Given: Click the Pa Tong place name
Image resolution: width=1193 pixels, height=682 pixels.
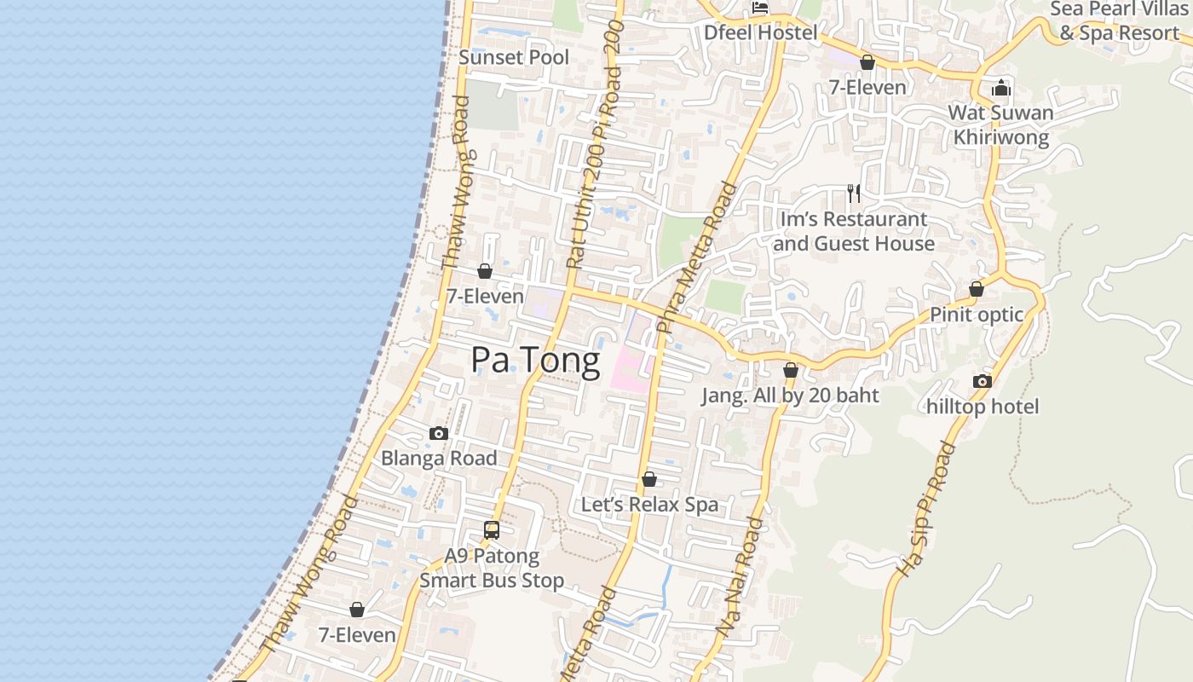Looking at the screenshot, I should pyautogui.click(x=535, y=360).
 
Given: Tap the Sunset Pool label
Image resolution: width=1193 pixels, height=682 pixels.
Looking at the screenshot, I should pyautogui.click(x=514, y=57).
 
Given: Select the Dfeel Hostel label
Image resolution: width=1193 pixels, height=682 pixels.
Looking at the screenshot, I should pyautogui.click(x=760, y=32).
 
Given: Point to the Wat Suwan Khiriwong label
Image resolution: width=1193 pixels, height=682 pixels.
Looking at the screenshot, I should pyautogui.click(x=1000, y=124).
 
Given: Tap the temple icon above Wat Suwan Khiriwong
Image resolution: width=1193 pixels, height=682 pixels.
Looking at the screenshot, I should pyautogui.click(x=1001, y=88).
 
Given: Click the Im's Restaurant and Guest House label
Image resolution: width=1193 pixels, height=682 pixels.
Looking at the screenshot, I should pyautogui.click(x=854, y=231).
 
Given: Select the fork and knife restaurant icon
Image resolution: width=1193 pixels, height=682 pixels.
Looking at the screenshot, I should pyautogui.click(x=854, y=194).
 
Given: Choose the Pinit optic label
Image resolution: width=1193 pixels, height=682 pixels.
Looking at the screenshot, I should pyautogui.click(x=976, y=315).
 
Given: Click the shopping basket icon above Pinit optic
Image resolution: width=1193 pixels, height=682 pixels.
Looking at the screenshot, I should pyautogui.click(x=977, y=290).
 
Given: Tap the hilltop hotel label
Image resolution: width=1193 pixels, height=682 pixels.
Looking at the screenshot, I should pyautogui.click(x=983, y=407).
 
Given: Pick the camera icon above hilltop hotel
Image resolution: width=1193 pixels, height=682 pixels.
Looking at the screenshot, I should pyautogui.click(x=983, y=381).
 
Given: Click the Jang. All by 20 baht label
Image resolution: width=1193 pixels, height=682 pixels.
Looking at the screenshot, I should pyautogui.click(x=790, y=396).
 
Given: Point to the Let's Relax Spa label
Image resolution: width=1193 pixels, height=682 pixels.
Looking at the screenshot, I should pyautogui.click(x=649, y=505).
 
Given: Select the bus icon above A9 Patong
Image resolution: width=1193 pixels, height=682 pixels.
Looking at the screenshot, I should pyautogui.click(x=492, y=530).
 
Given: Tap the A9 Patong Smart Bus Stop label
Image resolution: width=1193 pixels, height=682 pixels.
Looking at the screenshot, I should pyautogui.click(x=492, y=569).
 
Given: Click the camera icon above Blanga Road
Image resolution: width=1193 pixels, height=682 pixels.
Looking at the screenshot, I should pyautogui.click(x=439, y=433).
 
